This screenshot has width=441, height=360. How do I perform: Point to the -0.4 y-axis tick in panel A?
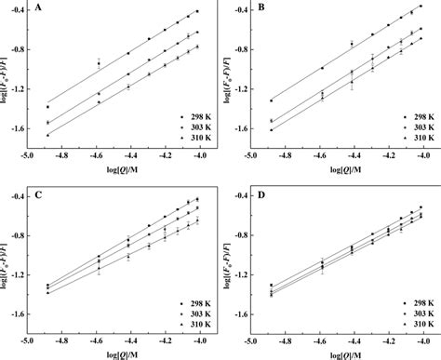pyautogui.click(x=18, y=10)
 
